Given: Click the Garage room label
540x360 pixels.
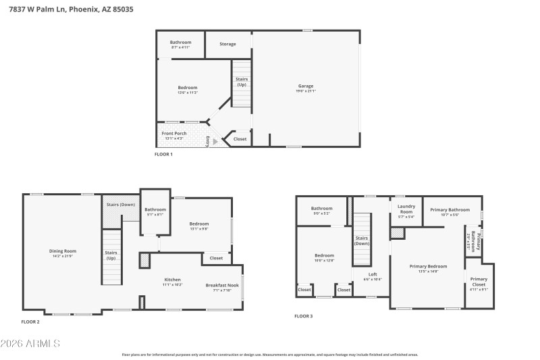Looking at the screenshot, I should [306, 86].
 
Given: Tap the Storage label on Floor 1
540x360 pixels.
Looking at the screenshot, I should [228, 44].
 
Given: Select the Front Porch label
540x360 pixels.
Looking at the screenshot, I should [174, 134].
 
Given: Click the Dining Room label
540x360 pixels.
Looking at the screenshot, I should [62, 251].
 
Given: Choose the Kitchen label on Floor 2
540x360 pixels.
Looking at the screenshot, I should [173, 280].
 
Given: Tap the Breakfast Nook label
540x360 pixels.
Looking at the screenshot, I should [222, 285].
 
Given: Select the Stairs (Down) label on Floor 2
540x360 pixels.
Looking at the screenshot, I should [121, 204].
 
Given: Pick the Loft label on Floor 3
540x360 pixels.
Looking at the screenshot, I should [373, 275].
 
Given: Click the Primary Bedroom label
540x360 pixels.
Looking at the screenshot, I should [428, 266].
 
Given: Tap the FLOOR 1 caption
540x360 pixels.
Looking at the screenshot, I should [164, 155].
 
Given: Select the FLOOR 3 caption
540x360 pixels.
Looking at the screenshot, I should [304, 316].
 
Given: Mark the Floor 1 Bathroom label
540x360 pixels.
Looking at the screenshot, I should [180, 42].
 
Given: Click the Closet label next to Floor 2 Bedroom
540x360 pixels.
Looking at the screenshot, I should [216, 258].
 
